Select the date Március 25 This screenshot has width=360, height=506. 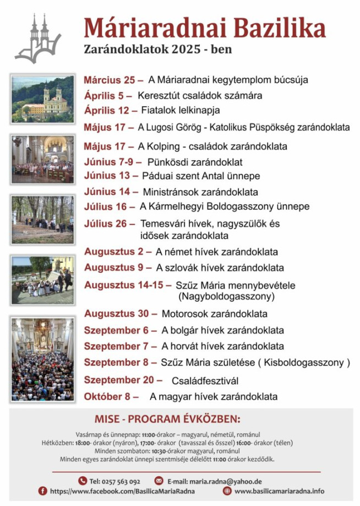pyautogui.click(x=113, y=80)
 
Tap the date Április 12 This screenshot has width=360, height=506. pyautogui.click(x=107, y=110)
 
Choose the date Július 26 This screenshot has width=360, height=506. pyautogui.click(x=109, y=224)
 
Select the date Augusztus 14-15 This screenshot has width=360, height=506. pyautogui.click(x=124, y=285)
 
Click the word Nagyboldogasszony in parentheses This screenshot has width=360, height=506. pyautogui.click(x=226, y=296)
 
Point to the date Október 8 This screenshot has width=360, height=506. pyautogui.click(x=111, y=396)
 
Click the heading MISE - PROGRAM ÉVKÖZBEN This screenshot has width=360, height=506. pyautogui.click(x=167, y=419)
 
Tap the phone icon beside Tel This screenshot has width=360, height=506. pyautogui.click(x=83, y=480)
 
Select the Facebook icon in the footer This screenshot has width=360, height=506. pyautogui.click(x=42, y=491)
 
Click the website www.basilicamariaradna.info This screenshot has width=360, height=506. pyautogui.click(x=279, y=491)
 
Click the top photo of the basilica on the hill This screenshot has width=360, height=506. pyautogui.click(x=42, y=98)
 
